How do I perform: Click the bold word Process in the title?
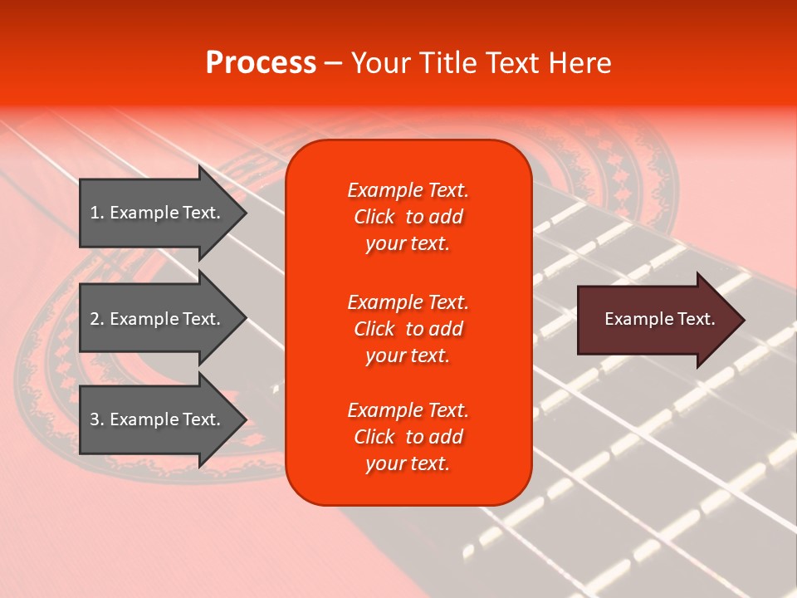click(261, 63)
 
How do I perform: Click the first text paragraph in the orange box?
click(408, 217)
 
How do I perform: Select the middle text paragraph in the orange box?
click(408, 329)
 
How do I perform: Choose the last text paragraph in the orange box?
click(408, 437)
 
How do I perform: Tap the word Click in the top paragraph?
click(374, 217)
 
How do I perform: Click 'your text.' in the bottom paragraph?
click(408, 463)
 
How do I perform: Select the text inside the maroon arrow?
click(659, 319)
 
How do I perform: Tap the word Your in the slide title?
click(381, 63)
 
